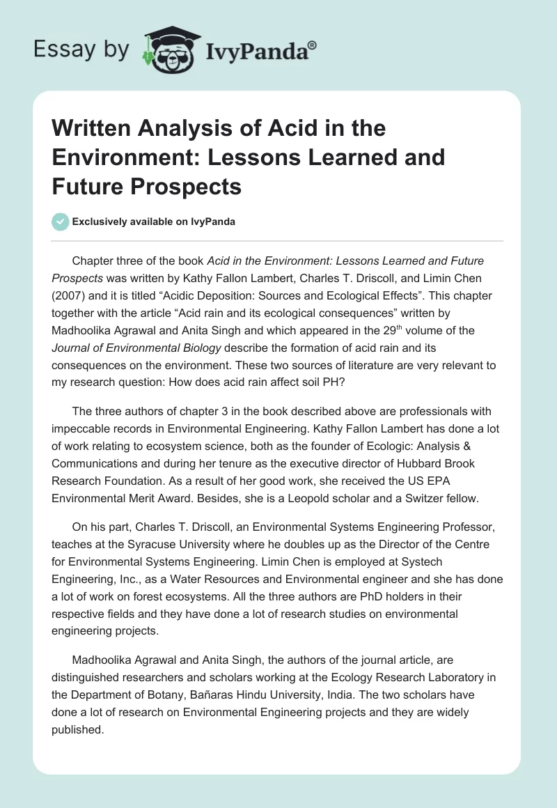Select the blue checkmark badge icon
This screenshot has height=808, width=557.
point(60,222)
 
